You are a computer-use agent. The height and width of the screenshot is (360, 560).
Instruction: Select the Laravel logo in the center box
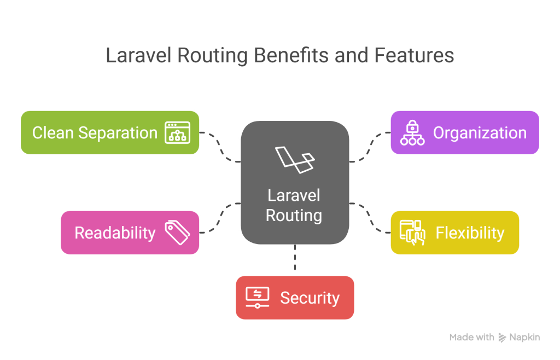coord(295,159)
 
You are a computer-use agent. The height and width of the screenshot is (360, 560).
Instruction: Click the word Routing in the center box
coord(294,215)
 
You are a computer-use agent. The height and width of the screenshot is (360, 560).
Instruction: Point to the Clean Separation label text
coord(95,132)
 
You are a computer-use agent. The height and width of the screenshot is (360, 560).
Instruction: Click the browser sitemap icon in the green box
coord(177,132)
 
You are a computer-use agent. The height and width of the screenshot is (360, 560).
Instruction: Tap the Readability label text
coord(115,233)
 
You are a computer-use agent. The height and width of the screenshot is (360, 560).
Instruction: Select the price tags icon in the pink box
coord(177,232)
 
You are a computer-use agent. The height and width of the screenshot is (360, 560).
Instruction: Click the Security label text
coord(310,298)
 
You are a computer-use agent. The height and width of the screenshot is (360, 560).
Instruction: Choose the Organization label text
coord(480,132)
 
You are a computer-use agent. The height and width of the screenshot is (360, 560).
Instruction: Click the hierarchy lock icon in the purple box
coord(412,132)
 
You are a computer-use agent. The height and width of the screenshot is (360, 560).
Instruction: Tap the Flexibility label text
coord(470,233)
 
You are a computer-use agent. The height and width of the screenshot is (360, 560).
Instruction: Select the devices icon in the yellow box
coord(412,232)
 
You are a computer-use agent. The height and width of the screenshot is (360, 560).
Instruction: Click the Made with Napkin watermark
coord(494,338)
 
